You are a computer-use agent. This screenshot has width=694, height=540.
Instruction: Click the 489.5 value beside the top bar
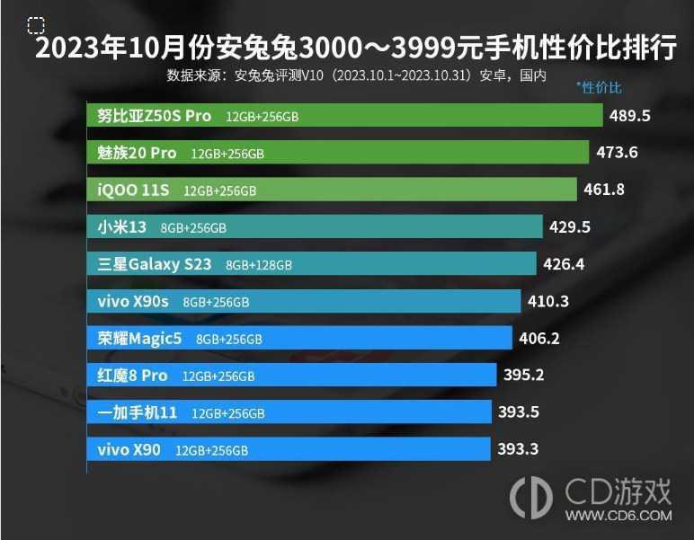pyautogui.click(x=629, y=116)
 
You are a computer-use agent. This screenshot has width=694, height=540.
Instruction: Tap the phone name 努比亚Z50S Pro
pyautogui.click(x=155, y=116)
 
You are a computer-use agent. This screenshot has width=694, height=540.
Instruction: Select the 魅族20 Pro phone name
pyautogui.click(x=138, y=153)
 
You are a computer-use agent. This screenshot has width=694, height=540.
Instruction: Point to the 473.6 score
pyautogui.click(x=617, y=153)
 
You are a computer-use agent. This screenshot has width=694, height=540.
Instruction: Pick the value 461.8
pyautogui.click(x=603, y=190)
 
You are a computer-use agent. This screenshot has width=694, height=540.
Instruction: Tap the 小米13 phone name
pyautogui.click(x=122, y=226)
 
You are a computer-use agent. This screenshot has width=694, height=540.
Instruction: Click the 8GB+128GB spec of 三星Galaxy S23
pyautogui.click(x=259, y=265)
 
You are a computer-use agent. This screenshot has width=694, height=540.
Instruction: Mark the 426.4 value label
pyautogui.click(x=565, y=264)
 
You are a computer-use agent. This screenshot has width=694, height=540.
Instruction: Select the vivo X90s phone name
pyautogui.click(x=133, y=301)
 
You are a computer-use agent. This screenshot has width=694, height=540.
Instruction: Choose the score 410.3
pyautogui.click(x=548, y=301)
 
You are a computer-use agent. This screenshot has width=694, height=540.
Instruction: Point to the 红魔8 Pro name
pyautogui.click(x=133, y=376)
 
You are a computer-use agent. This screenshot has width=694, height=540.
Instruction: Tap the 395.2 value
pyautogui.click(x=523, y=376)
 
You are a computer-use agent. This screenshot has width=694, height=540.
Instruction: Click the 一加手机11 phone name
pyautogui.click(x=138, y=412)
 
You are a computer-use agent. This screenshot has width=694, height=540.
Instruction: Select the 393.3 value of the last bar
pyautogui.click(x=518, y=449)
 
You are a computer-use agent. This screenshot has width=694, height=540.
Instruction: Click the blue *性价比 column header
pyautogui.click(x=599, y=87)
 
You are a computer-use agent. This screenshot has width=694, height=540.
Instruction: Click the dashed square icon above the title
pyautogui.click(x=36, y=24)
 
